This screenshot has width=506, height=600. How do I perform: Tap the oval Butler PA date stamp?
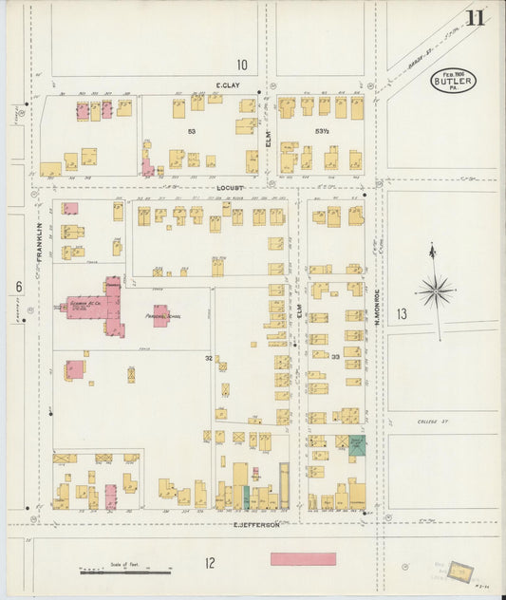[x=453, y=80]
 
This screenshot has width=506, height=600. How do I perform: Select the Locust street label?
[x=230, y=188]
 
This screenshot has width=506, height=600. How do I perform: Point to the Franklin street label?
[x=40, y=243]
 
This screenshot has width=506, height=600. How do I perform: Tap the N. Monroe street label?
[x=377, y=308]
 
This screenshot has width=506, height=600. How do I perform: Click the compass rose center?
[x=436, y=291]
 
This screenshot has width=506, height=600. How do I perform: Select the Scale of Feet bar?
[x=124, y=572]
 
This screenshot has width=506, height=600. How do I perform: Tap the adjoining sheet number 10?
[x=242, y=65]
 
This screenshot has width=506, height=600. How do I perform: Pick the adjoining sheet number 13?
[x=402, y=313]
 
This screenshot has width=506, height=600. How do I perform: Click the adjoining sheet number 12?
[x=209, y=563]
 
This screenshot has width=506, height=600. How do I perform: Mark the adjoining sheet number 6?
[x=18, y=286]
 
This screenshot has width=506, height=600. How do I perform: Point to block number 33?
[x=335, y=357]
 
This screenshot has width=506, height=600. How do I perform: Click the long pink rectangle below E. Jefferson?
[x=303, y=559]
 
